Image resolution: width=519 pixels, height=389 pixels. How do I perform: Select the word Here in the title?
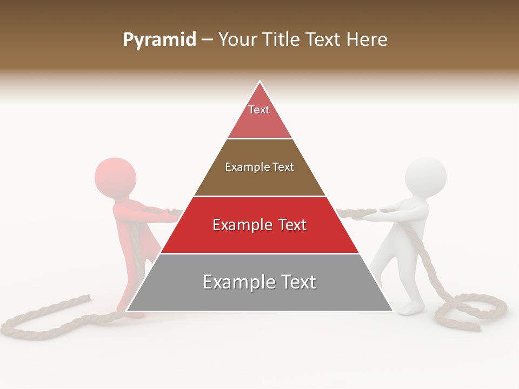point(367,40)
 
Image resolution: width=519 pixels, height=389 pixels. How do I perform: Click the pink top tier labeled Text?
point(259,116)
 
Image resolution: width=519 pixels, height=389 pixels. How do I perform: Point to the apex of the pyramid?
point(260,82)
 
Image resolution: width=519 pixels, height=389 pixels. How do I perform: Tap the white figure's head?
point(426,177)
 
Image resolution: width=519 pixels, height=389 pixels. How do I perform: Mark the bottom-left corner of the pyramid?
point(127,311)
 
